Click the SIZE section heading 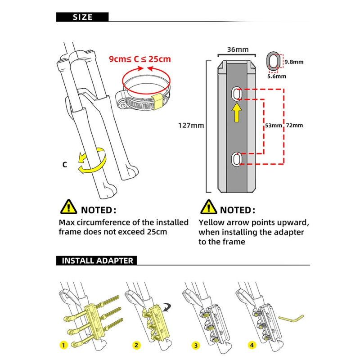pyautogui.click(x=82, y=17)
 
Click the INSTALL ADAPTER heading pyautogui.click(x=97, y=261)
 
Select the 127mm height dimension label pyautogui.click(x=191, y=125)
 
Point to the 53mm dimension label pyautogui.click(x=274, y=125)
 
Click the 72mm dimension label pyautogui.click(x=294, y=125)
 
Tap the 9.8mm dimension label pyautogui.click(x=294, y=62)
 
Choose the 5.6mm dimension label pyautogui.click(x=276, y=76)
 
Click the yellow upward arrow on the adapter pyautogui.click(x=237, y=112)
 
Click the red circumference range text pyautogui.click(x=140, y=58)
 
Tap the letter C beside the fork pyautogui.click(x=64, y=165)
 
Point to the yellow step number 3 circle pyautogui.click(x=195, y=346)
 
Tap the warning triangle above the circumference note pyautogui.click(x=68, y=207)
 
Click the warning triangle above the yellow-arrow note pyautogui.click(x=208, y=207)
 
